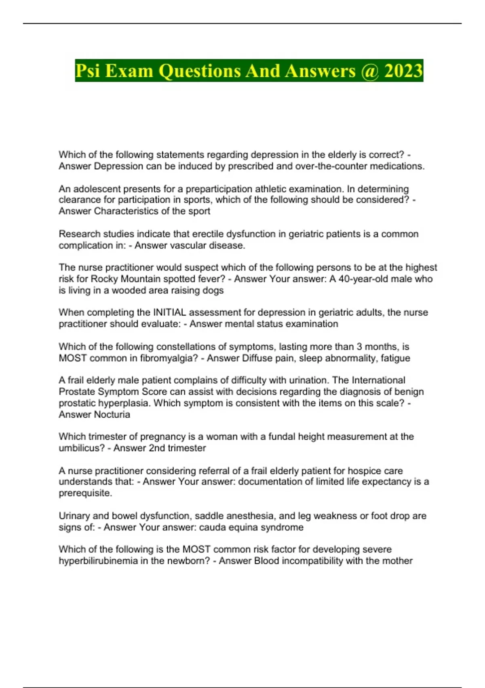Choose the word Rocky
(x=105, y=279)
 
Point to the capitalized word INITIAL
(x=169, y=312)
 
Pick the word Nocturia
(x=112, y=414)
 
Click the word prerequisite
(x=85, y=493)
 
